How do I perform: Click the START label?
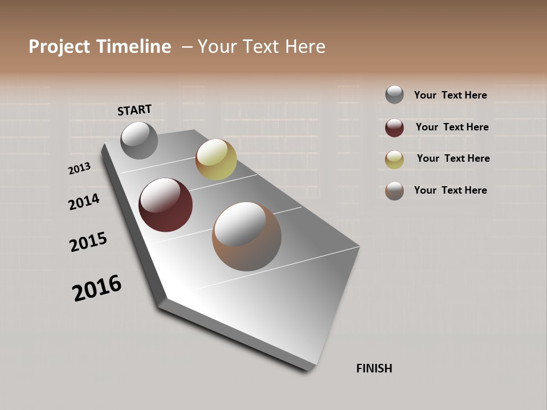point(134,110)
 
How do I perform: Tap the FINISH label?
point(374,368)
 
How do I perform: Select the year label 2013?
point(80,168)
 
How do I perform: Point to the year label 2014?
point(84,202)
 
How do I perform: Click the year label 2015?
point(88,242)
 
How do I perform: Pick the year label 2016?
point(97,288)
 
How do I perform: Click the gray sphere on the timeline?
point(140,140)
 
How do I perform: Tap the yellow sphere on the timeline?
point(216,159)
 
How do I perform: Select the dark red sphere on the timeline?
point(166,205)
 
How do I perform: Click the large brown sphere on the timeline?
point(247,236)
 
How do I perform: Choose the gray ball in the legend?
point(394,95)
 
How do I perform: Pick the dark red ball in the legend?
point(394,128)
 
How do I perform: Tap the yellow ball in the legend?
point(394,159)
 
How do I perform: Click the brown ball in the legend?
point(394,191)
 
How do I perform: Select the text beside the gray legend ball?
point(450,95)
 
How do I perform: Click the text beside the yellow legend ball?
point(453,158)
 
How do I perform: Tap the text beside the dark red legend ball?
point(452,127)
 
